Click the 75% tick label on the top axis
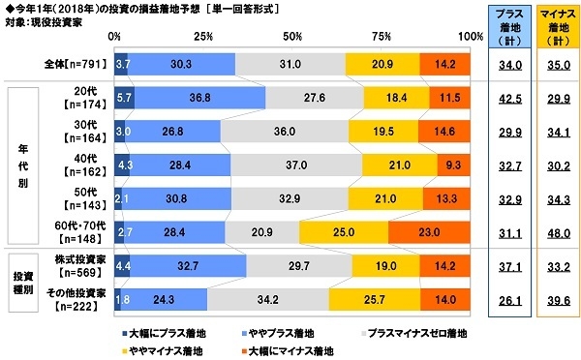point(381,36)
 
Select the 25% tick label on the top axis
point(203,36)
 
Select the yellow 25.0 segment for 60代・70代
point(344,231)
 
